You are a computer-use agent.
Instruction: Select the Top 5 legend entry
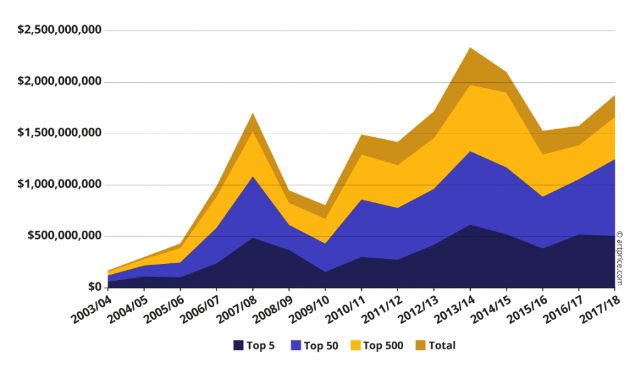pos(254,345)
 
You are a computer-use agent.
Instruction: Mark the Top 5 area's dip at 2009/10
pos(326,272)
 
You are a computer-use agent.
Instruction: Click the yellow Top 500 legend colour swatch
pos(356,345)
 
